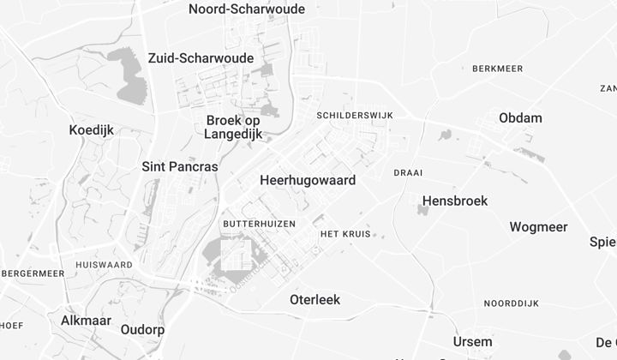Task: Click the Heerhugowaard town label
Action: point(307,181)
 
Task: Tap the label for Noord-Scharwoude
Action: point(246,9)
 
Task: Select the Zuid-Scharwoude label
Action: point(201,58)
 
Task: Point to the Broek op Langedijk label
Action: point(233,127)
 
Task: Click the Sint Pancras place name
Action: point(180,166)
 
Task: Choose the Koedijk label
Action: point(92,130)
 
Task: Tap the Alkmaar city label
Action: point(87,320)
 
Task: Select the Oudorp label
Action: point(142,329)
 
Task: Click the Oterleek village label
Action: point(314,300)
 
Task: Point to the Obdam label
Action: point(520,117)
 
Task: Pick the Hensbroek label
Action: point(455,201)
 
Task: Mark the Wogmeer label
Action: point(538,227)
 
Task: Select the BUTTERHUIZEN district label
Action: point(259,223)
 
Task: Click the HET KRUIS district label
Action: point(343,234)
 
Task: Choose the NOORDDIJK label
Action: point(511,303)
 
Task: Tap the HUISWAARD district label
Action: point(104,265)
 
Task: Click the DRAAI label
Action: point(408,172)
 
